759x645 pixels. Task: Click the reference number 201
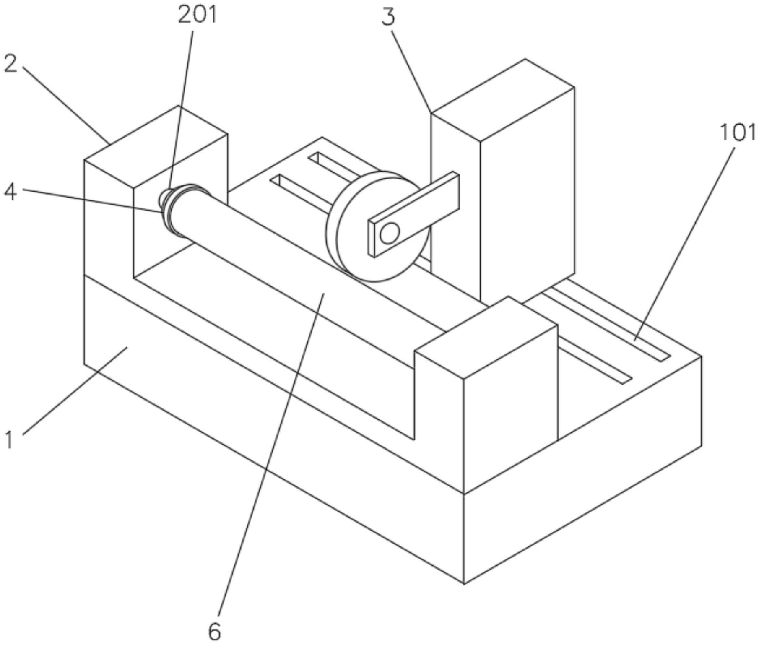(x=198, y=15)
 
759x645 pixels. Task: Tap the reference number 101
(x=738, y=133)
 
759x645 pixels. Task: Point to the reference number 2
(x=11, y=64)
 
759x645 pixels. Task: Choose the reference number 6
(x=214, y=632)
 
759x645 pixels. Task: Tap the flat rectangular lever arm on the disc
(x=413, y=213)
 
